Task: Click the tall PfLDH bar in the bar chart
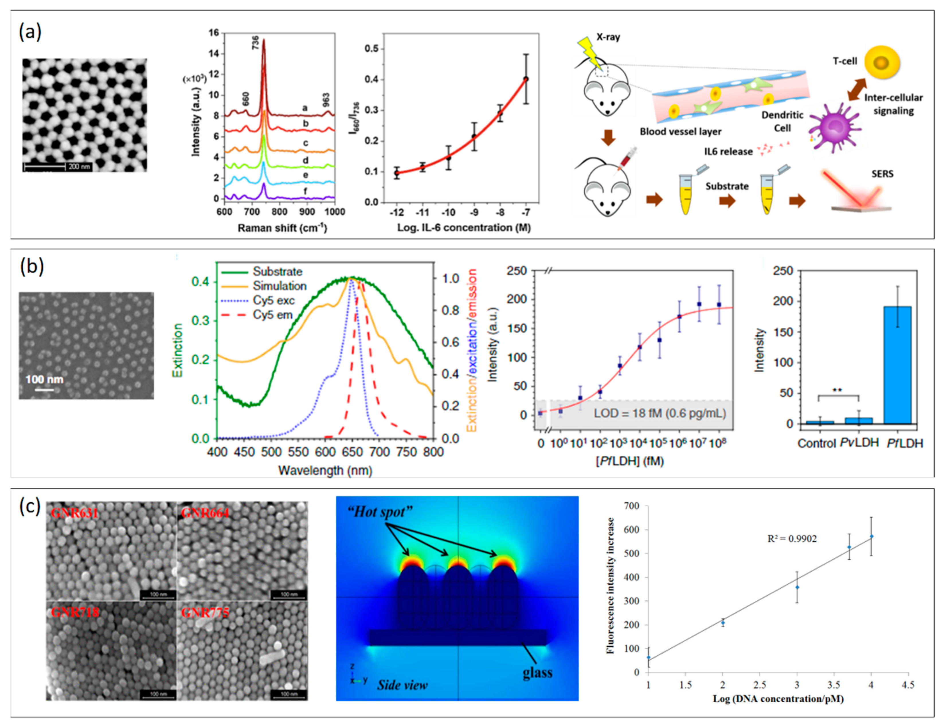[x=898, y=365]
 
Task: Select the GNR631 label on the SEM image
[x=74, y=513]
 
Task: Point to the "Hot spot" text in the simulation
[x=380, y=512]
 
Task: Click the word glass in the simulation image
[x=537, y=672]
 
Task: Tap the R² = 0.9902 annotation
[x=792, y=539]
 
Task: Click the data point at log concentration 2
[x=723, y=622]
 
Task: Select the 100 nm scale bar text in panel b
[x=44, y=379]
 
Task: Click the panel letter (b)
[x=32, y=267]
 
